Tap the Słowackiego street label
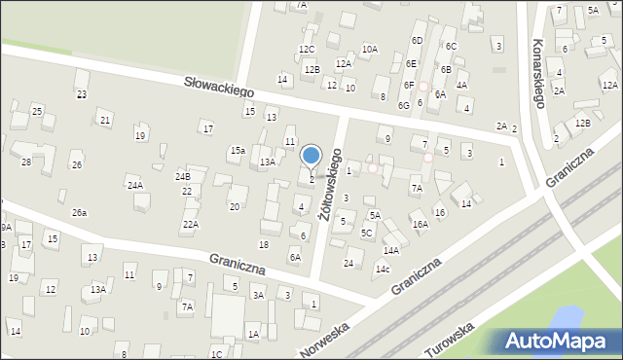click(219, 87)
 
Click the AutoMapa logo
click(563, 341)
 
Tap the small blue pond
click(564, 317)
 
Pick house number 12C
click(307, 49)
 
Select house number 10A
click(370, 49)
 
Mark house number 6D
click(417, 40)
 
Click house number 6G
click(403, 104)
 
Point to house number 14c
click(383, 269)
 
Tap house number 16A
click(420, 224)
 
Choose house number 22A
click(190, 224)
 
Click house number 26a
click(79, 212)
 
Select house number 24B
click(182, 177)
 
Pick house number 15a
click(237, 150)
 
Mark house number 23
click(82, 94)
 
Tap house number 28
click(26, 162)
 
